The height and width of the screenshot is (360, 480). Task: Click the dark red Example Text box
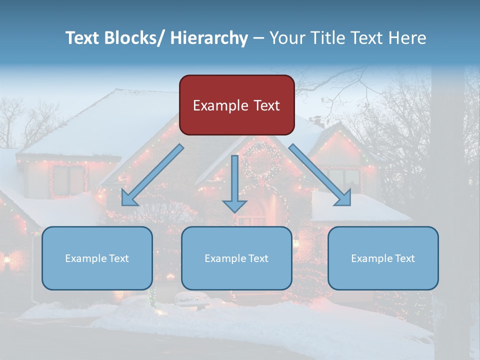pyautogui.click(x=236, y=105)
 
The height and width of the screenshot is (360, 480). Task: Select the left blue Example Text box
pyautogui.click(x=97, y=258)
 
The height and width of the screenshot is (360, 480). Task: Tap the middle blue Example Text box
pyautogui.click(x=236, y=258)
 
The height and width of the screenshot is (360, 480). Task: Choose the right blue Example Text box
pyautogui.click(x=383, y=258)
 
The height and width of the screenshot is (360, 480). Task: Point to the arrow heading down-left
pyautogui.click(x=152, y=175)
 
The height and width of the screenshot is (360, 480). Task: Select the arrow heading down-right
pyautogui.click(x=320, y=175)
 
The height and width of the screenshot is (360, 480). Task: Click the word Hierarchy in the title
pyautogui.click(x=209, y=38)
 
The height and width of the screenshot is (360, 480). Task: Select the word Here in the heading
pyautogui.click(x=407, y=38)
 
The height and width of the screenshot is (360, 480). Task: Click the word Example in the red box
pyautogui.click(x=220, y=105)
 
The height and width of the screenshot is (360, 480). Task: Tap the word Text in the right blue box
pyautogui.click(x=405, y=258)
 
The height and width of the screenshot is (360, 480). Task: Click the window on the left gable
pyautogui.click(x=69, y=180)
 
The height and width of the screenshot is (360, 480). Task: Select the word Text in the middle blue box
pyautogui.click(x=258, y=258)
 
